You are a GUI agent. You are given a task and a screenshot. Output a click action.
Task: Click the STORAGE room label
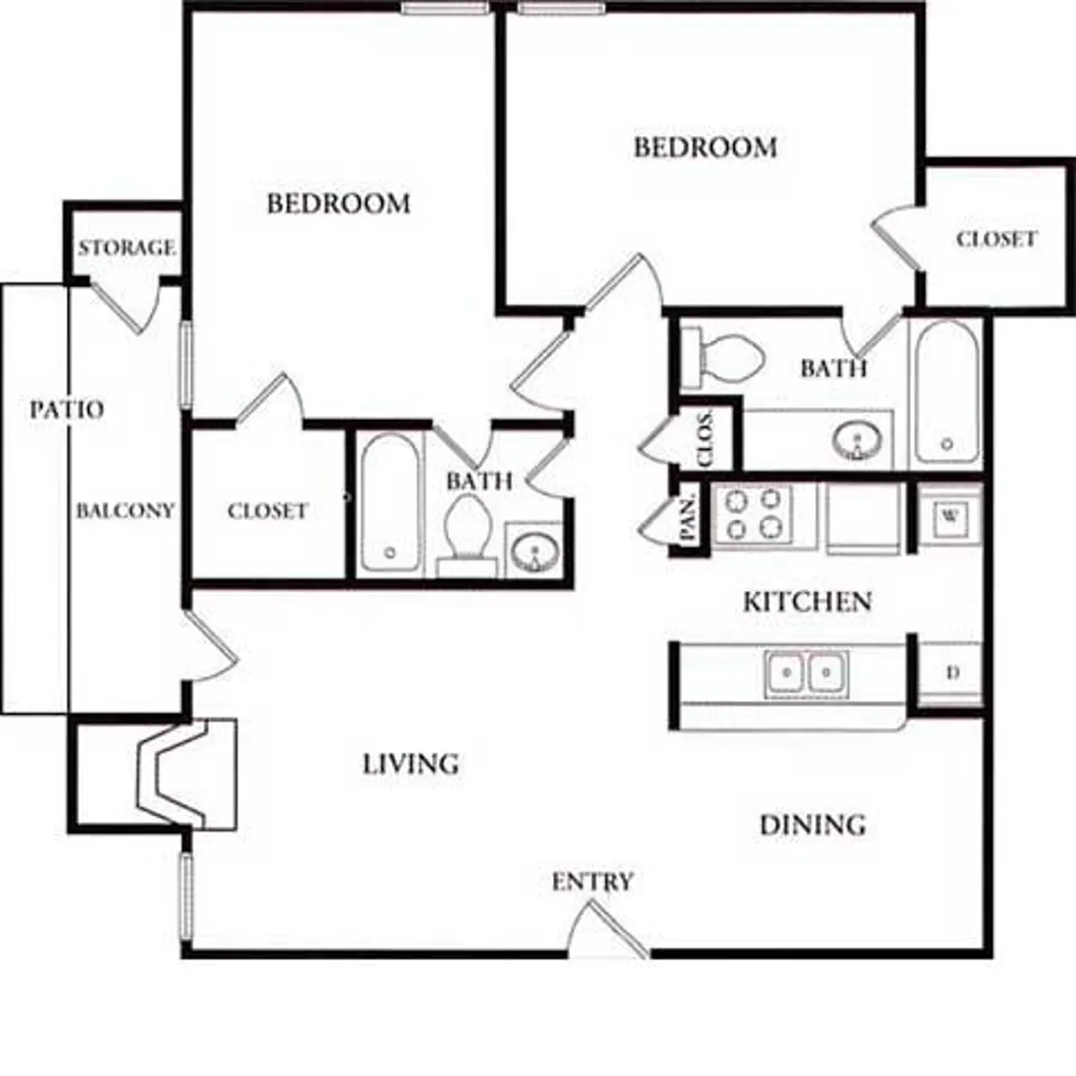[126, 247]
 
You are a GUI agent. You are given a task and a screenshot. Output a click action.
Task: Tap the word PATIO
[66, 410]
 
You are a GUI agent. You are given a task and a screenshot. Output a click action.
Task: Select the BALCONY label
[125, 511]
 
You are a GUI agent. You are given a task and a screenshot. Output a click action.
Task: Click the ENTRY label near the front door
[592, 882]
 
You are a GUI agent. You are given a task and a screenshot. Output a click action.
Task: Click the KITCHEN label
[807, 602]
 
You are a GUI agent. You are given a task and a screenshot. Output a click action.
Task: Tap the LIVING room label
[411, 764]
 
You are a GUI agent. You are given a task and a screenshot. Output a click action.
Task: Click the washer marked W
[950, 516]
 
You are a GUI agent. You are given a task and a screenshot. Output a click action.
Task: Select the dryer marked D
[952, 672]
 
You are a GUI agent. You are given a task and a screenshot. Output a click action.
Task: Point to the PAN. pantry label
[689, 517]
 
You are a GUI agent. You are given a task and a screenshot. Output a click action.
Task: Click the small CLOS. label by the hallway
[706, 438]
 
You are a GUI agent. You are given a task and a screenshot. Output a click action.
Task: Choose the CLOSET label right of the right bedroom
[996, 239]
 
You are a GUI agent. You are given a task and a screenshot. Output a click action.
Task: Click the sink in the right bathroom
[858, 440]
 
